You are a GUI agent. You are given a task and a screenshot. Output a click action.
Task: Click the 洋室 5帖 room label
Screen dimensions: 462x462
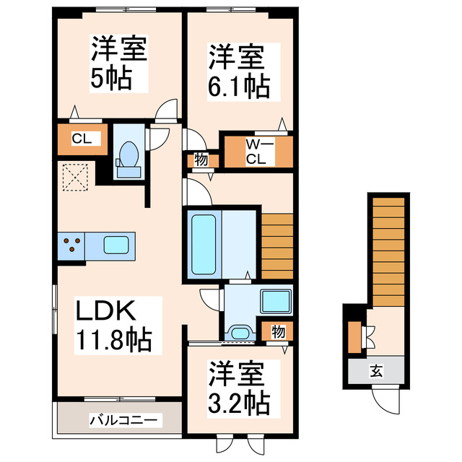point(119,64)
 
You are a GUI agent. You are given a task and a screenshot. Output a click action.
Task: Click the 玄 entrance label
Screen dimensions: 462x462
point(377,372)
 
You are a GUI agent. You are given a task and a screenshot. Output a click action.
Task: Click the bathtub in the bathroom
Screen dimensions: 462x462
point(203,243)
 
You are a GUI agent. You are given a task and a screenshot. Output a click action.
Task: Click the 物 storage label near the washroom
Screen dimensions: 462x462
point(277,332)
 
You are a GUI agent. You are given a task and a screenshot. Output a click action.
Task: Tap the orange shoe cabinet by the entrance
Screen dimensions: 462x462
point(354,336)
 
